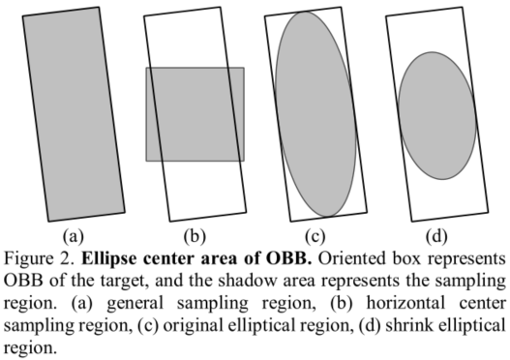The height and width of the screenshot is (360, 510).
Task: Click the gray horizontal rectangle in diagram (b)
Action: click(195, 113)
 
